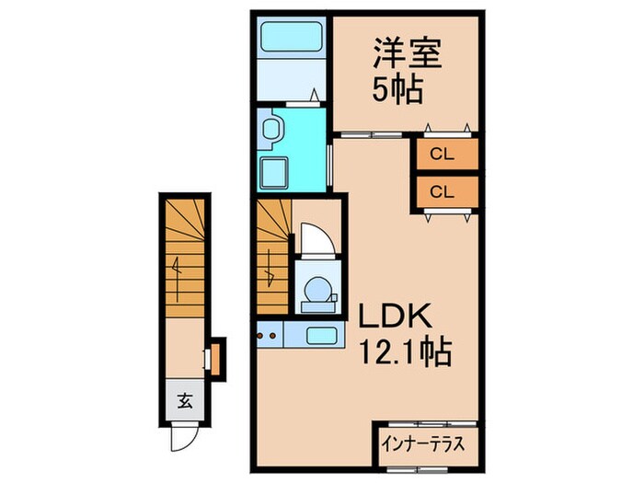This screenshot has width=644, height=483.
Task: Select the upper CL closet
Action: pyautogui.click(x=445, y=155)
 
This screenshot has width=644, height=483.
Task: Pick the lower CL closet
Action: pyautogui.click(x=445, y=192)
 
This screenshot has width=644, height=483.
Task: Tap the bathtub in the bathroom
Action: pyautogui.click(x=291, y=39)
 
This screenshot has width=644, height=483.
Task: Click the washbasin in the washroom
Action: pyautogui.click(x=272, y=130)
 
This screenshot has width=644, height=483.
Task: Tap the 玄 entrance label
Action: pyautogui.click(x=184, y=401)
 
